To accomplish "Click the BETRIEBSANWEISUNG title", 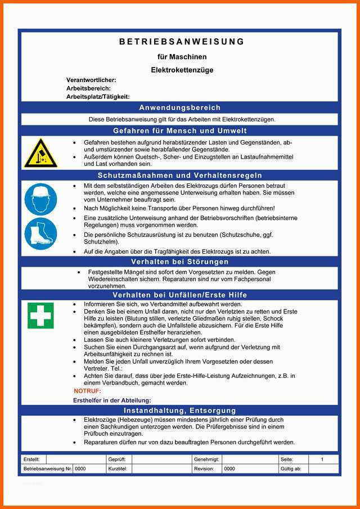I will [182, 42].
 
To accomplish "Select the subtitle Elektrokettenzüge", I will [182, 70].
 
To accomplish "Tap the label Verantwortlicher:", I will [91, 80].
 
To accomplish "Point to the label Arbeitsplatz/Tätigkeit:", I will [98, 97].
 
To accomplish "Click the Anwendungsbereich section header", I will [180, 107].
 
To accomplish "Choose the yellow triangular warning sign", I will [41, 153].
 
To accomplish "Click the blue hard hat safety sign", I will [41, 199].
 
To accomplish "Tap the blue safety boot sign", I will [41, 234].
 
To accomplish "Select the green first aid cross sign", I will [41, 315].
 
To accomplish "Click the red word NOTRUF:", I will [87, 391].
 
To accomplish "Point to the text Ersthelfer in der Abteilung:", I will [112, 400].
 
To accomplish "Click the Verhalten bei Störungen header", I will [180, 262].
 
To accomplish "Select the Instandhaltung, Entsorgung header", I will [180, 411].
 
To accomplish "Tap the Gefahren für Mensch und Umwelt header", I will [180, 130].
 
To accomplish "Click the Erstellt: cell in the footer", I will [31, 460].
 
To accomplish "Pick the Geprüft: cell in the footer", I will [116, 460].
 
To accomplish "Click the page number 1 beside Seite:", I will [322, 460].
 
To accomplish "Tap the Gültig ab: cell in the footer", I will [291, 469].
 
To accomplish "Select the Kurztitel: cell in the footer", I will [118, 469].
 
